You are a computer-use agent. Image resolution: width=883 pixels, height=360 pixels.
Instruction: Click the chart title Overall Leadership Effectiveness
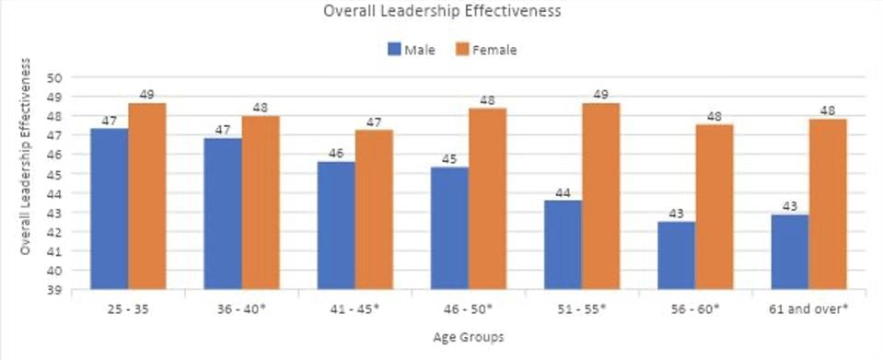click(441, 12)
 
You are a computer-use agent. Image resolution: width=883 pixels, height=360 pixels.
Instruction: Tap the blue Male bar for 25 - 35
click(109, 209)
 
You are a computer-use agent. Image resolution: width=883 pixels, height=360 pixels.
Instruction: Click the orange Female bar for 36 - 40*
click(261, 203)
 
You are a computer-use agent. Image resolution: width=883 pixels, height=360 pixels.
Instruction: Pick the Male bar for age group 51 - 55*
click(563, 245)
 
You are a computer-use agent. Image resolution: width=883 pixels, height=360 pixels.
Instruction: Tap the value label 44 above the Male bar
click(563, 192)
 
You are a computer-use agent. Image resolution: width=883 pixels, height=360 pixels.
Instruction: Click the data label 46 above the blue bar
click(336, 154)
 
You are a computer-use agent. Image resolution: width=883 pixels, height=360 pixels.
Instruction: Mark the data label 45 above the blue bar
click(449, 159)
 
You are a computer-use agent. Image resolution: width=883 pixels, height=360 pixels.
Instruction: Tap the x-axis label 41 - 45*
click(354, 309)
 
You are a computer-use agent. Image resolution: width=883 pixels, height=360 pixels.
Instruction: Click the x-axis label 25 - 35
click(128, 309)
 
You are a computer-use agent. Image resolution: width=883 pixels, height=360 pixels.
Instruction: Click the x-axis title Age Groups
click(468, 339)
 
